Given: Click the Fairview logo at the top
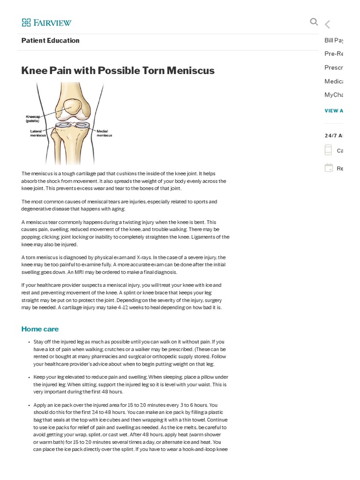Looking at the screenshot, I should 46,22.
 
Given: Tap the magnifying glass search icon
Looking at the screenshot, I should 314,22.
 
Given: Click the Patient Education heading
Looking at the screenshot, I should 50,41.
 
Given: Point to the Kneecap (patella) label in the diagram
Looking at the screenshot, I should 33,119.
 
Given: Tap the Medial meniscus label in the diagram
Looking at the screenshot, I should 104,133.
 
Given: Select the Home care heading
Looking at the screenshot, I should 40,329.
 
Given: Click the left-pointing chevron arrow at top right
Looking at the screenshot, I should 327,24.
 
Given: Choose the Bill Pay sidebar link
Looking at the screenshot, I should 334,41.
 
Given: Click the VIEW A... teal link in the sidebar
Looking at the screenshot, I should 334,111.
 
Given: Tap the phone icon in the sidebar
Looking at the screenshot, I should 328,150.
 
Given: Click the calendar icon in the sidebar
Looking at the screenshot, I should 329,168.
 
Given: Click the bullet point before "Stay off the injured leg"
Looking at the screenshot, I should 29,342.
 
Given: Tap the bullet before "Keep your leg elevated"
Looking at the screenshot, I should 29,377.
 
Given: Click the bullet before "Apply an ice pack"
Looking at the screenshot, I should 29,405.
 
